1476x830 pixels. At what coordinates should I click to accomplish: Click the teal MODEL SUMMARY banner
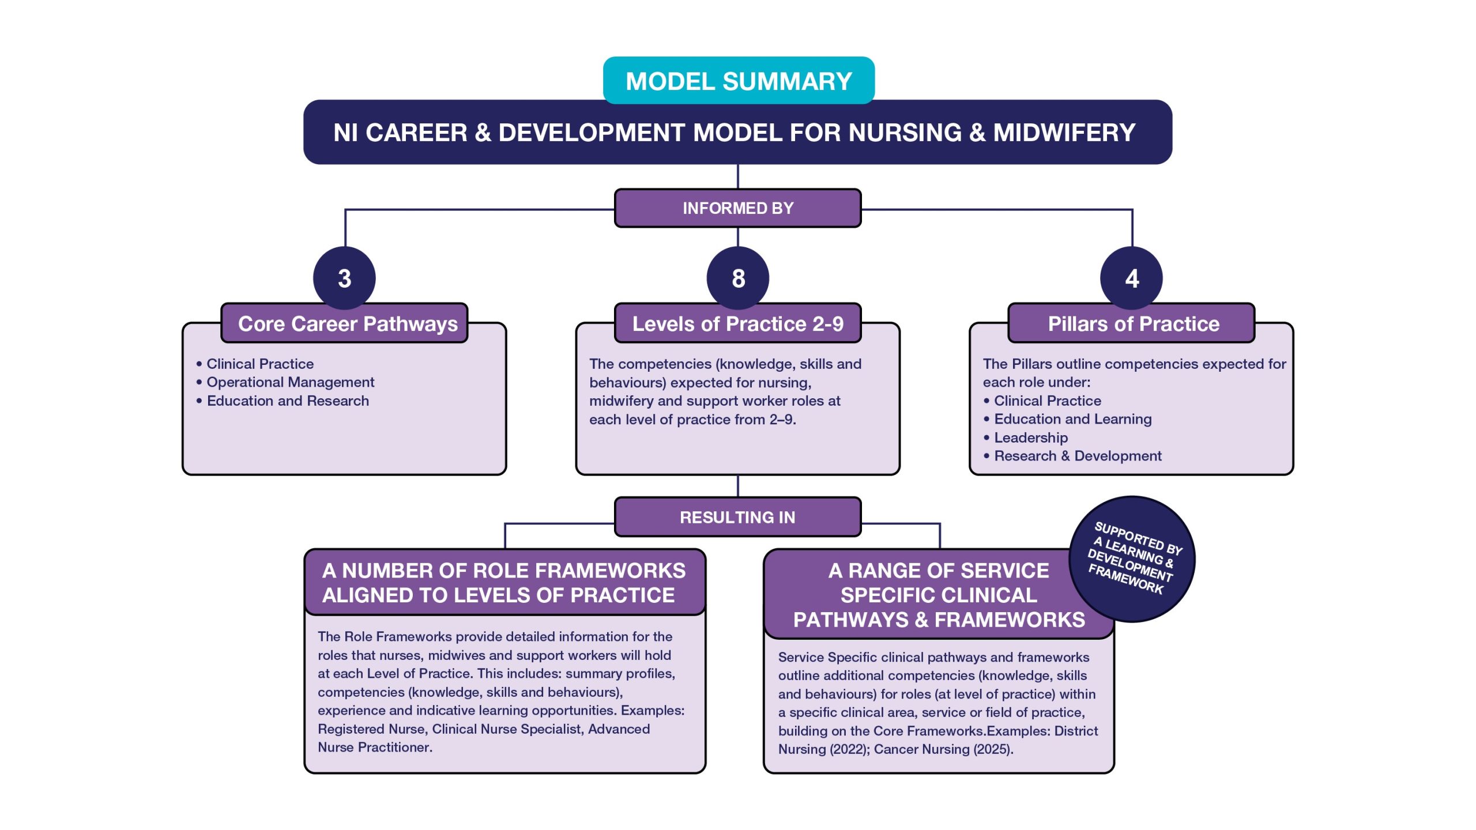click(x=738, y=81)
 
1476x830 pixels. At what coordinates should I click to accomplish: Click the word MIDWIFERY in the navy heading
click(x=1064, y=133)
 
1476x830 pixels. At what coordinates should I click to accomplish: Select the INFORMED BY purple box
click(x=737, y=208)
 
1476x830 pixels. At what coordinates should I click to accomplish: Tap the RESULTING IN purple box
click(x=737, y=517)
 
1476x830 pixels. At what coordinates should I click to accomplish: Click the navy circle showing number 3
click(x=344, y=278)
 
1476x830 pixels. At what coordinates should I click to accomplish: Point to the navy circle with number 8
click(x=738, y=278)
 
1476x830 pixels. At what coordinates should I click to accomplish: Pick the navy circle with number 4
click(x=1131, y=278)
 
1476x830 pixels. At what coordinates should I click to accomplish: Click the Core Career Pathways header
click(x=347, y=324)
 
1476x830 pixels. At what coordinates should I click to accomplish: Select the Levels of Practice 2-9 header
click(x=737, y=324)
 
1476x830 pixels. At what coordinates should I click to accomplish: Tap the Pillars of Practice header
click(x=1133, y=324)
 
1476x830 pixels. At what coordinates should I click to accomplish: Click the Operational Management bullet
click(x=290, y=382)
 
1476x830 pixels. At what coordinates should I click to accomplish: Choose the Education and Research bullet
click(x=287, y=401)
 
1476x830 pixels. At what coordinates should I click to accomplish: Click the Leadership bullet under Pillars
click(x=1030, y=437)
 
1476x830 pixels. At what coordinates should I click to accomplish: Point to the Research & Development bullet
click(x=1077, y=456)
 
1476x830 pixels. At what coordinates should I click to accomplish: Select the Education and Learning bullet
click(x=1072, y=419)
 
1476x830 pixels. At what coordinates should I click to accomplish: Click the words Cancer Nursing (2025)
click(x=943, y=749)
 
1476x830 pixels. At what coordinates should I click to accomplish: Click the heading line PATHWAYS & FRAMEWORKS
click(x=939, y=620)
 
